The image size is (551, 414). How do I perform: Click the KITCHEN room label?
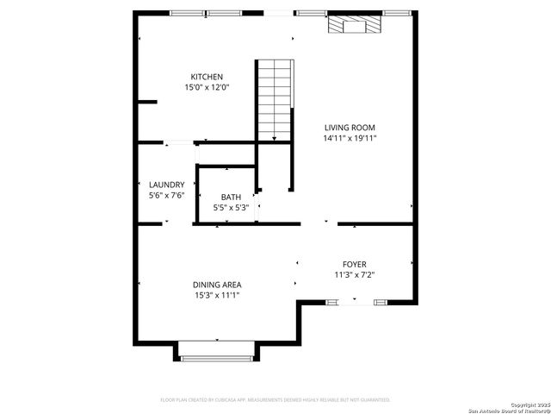point(207,77)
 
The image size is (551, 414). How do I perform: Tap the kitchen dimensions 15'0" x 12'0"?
point(207,87)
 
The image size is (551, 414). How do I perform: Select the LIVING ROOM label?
point(350,127)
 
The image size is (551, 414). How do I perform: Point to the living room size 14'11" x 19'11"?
point(350,137)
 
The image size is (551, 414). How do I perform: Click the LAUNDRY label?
point(166,185)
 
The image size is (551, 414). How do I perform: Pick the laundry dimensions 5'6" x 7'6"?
point(166,195)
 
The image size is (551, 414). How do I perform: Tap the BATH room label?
point(231,197)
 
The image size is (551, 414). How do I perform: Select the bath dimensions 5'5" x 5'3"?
point(231,207)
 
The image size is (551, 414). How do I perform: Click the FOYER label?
point(355,264)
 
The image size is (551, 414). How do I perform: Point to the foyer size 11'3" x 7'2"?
point(355,274)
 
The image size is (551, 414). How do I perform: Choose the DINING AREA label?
point(217,285)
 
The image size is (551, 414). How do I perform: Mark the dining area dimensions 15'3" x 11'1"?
point(217,295)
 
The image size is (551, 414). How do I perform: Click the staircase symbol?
point(275,99)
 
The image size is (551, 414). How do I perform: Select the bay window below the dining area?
point(217,357)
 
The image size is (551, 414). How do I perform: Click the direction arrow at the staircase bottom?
point(275,138)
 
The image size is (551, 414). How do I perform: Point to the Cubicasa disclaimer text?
point(275,399)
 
